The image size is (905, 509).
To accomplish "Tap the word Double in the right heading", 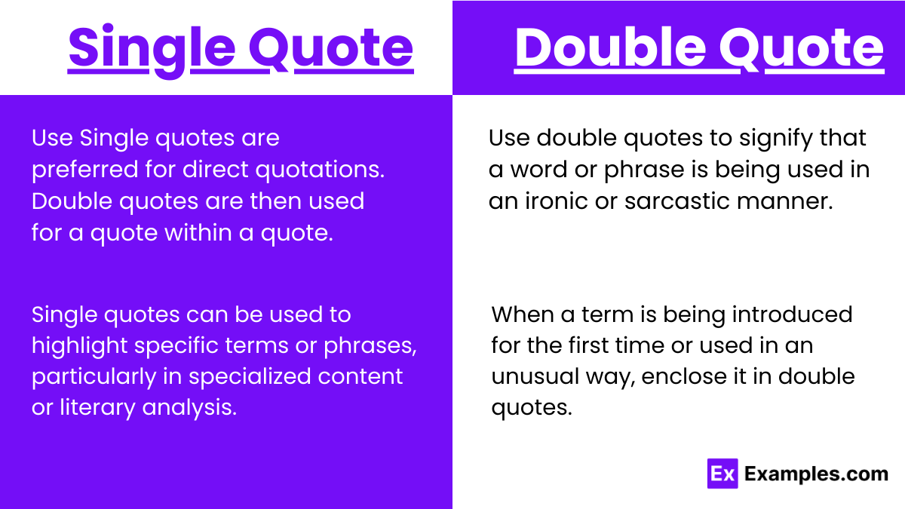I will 609,48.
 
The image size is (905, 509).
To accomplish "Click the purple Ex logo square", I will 722,474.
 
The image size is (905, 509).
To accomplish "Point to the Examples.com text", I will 816,474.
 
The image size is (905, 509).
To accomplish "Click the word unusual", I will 532,376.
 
